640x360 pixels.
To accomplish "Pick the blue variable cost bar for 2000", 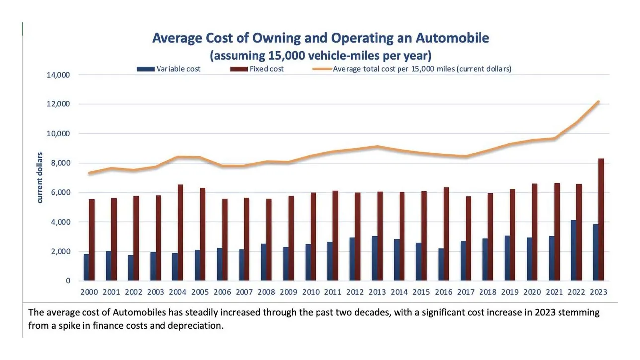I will tap(86, 267).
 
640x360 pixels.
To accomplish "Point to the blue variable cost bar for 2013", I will tap(374, 258).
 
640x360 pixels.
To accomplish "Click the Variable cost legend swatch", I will tap(146, 69).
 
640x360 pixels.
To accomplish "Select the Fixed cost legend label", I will tap(267, 69).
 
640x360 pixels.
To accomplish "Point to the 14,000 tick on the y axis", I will tap(59, 75).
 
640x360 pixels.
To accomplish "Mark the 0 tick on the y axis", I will tap(68, 281).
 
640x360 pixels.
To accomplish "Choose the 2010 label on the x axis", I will tap(311, 292).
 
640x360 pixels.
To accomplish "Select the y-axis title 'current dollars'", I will tap(40, 178).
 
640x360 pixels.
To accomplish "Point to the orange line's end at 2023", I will tap(598, 102).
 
